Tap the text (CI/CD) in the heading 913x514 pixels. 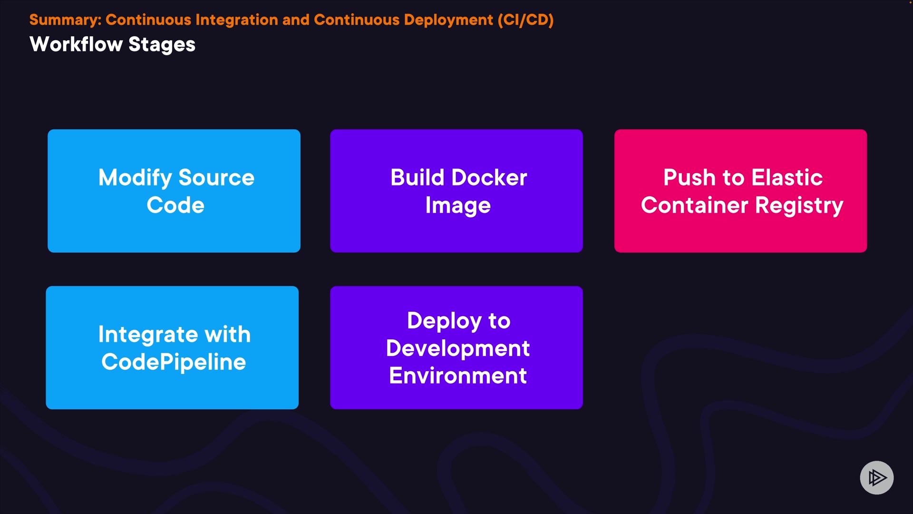coord(526,20)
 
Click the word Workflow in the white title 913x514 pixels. coord(76,44)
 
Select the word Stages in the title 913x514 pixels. coord(162,45)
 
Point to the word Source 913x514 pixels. coord(216,178)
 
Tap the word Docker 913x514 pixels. coord(489,178)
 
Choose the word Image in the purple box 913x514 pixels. coord(458,206)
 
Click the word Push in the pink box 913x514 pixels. coord(690,178)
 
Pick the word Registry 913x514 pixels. coord(799,206)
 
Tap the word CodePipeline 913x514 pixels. coord(174,363)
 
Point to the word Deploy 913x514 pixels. coord(445,321)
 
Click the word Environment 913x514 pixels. coord(458,376)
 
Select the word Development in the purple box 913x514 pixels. coord(458,349)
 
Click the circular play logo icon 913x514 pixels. coord(876,477)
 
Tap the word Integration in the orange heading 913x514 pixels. coord(236,20)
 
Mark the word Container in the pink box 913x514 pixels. coord(695,205)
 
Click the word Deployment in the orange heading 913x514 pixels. coord(448,20)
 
